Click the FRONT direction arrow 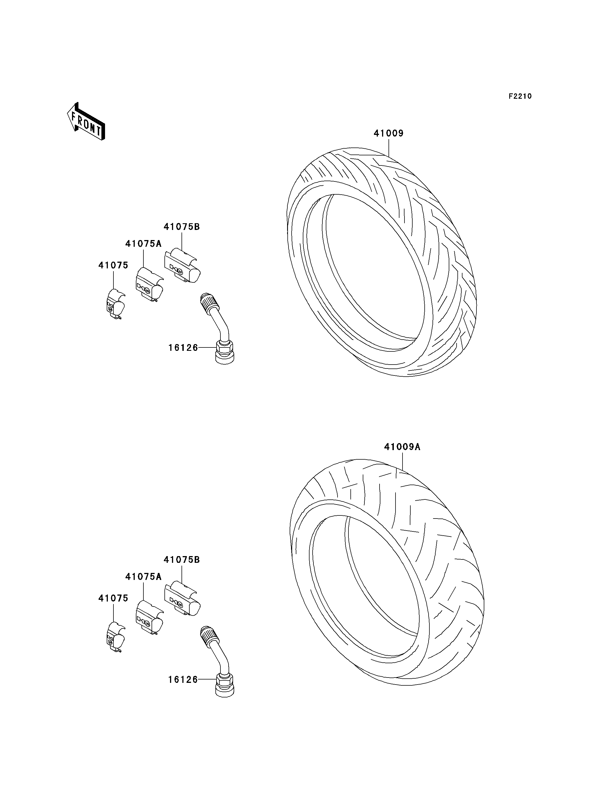86,121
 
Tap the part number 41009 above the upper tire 389,133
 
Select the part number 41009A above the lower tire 402,447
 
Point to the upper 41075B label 182,227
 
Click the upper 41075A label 143,244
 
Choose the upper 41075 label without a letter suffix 113,265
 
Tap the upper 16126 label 183,348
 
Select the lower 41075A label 143,577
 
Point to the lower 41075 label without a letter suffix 113,598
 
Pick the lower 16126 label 183,679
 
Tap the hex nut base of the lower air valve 225,684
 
